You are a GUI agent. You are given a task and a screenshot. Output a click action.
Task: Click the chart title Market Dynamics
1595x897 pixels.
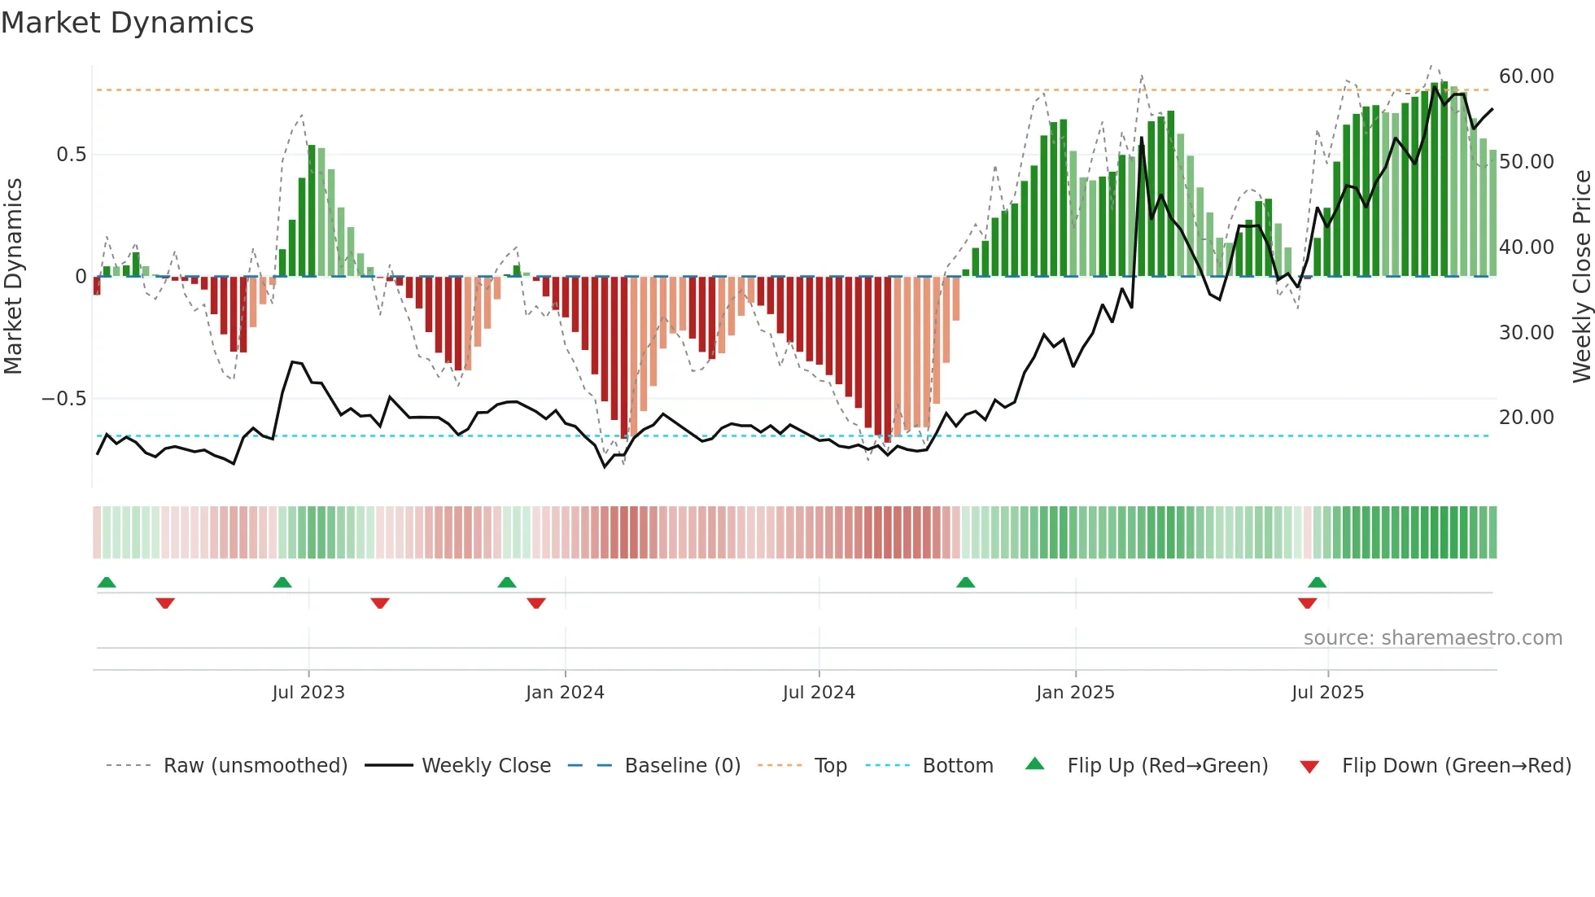click(x=127, y=23)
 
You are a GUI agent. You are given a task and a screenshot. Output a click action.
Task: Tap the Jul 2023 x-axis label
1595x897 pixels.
click(x=308, y=693)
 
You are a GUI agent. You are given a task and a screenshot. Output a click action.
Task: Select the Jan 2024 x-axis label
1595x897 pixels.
click(x=565, y=693)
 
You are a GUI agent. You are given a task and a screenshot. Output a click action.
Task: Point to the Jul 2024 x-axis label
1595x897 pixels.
click(x=819, y=693)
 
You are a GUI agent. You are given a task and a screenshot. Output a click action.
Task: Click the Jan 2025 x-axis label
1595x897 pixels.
click(x=1075, y=693)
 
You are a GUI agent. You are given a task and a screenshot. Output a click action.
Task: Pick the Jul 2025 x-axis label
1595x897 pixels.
click(x=1327, y=693)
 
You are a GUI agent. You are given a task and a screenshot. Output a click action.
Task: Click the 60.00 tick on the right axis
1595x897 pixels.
click(x=1526, y=77)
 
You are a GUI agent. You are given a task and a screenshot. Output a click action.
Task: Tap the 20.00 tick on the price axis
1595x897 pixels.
click(x=1526, y=418)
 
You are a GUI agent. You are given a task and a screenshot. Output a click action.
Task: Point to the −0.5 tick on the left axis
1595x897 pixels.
click(x=63, y=399)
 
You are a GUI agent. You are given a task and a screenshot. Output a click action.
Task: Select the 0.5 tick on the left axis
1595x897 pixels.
click(x=71, y=155)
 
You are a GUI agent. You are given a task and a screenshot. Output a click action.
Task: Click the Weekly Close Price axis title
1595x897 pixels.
click(x=1581, y=277)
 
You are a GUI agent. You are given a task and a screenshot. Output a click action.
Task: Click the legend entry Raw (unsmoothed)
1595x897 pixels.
click(x=255, y=766)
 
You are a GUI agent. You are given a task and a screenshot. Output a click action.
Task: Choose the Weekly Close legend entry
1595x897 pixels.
click(x=486, y=766)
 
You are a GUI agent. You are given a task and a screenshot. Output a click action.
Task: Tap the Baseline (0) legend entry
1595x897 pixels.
click(x=682, y=766)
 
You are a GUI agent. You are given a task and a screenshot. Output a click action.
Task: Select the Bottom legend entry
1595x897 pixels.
click(x=957, y=766)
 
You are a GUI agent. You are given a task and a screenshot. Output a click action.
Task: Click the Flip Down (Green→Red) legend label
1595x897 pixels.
click(x=1456, y=766)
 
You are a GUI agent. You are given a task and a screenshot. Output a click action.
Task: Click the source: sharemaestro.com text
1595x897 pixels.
click(x=1432, y=638)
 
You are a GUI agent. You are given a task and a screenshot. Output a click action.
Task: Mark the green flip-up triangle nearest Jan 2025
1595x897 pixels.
click(x=965, y=582)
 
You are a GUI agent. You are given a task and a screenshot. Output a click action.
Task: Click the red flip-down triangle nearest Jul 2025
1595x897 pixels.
click(x=1307, y=603)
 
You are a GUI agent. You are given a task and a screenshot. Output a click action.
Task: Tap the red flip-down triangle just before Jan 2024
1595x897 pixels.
click(x=535, y=603)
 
